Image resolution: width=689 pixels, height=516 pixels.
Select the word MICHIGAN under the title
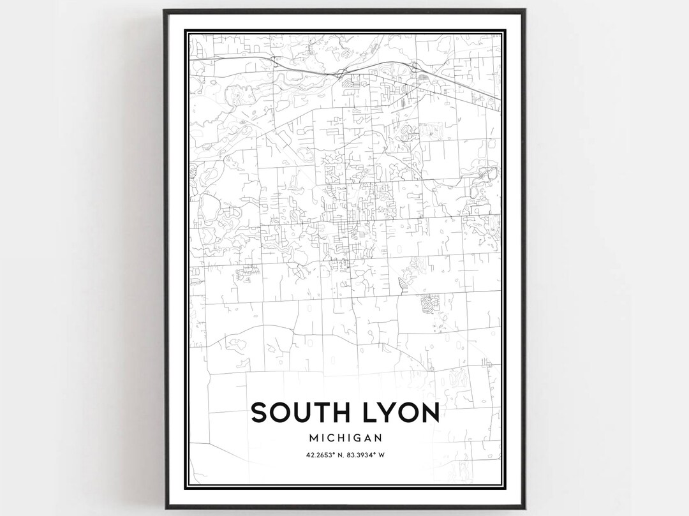345,438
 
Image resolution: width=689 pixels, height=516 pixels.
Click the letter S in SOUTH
260,413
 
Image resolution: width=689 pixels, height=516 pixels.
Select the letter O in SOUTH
279,413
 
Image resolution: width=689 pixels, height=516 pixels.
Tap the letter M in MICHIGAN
311,438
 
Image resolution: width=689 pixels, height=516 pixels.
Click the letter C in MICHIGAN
333,438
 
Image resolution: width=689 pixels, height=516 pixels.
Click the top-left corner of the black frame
163,10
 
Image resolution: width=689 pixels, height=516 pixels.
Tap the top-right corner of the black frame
525,10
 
